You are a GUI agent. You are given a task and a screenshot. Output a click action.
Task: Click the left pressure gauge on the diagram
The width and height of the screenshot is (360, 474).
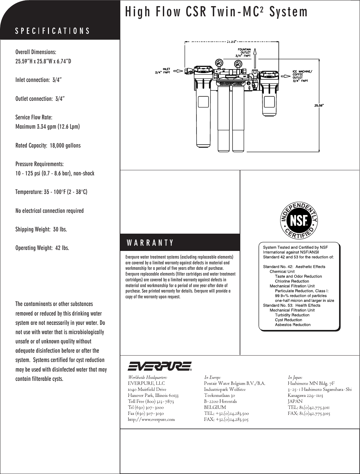[219, 62]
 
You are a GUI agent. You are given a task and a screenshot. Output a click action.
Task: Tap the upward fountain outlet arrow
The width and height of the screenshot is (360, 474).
[255, 58]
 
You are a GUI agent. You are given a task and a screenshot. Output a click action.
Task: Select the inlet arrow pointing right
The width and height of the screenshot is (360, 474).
[180, 71]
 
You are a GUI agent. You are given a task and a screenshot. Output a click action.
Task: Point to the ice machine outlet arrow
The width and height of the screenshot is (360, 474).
[285, 76]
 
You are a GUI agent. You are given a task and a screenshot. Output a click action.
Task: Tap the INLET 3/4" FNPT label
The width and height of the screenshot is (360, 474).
[163, 70]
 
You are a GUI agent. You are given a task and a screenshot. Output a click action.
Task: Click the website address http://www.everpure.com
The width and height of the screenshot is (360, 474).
[151, 420]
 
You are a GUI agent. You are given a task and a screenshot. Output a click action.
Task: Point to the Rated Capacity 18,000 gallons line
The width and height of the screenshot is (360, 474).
[48, 146]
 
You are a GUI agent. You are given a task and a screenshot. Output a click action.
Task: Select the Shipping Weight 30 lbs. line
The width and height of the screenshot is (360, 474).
[41, 229]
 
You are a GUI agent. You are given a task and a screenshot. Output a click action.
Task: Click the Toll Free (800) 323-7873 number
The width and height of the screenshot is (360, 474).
[151, 401]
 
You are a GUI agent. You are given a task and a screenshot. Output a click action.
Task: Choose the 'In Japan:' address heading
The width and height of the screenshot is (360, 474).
[295, 378]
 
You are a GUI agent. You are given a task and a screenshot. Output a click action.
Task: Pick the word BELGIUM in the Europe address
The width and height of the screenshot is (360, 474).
[215, 407]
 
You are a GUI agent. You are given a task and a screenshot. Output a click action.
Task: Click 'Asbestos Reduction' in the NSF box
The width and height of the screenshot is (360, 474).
[292, 325]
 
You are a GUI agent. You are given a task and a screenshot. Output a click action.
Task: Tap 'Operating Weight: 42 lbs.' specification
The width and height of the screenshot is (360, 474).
[42, 248]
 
